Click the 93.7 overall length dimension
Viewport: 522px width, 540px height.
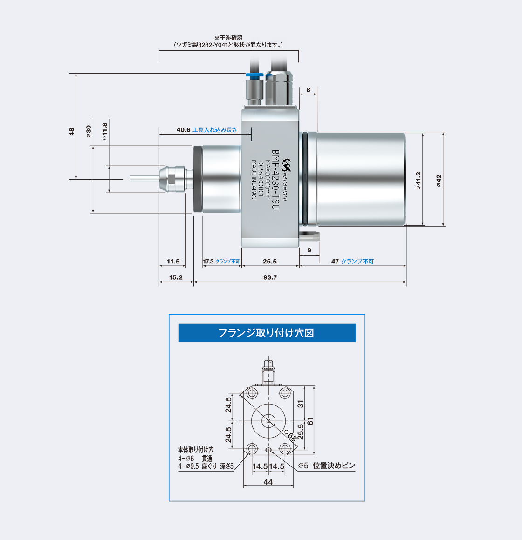click(x=269, y=277)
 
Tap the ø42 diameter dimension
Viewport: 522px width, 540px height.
click(x=439, y=181)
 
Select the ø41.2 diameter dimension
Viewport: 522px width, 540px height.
click(x=418, y=181)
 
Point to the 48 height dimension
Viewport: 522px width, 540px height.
click(x=71, y=132)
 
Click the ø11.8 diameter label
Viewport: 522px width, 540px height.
click(x=104, y=131)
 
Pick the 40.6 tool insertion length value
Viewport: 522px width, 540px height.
click(x=184, y=130)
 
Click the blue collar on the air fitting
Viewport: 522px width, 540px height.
click(x=254, y=75)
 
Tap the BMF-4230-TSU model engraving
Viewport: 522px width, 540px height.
click(x=275, y=180)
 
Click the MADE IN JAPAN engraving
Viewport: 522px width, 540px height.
click(x=254, y=180)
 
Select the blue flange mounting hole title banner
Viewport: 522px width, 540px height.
click(x=267, y=333)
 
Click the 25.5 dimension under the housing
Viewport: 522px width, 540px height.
click(x=269, y=262)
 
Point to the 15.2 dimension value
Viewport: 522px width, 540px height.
click(x=176, y=277)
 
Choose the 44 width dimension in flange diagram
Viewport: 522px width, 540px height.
click(x=268, y=482)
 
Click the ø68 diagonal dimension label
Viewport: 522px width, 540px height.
click(x=290, y=436)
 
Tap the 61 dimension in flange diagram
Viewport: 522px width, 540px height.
click(x=310, y=421)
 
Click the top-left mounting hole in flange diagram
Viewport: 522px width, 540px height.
click(x=252, y=392)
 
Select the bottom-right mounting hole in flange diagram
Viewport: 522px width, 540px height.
click(x=285, y=449)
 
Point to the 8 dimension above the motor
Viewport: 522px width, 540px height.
click(x=308, y=90)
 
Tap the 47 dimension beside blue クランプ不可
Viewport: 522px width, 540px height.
click(x=335, y=262)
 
